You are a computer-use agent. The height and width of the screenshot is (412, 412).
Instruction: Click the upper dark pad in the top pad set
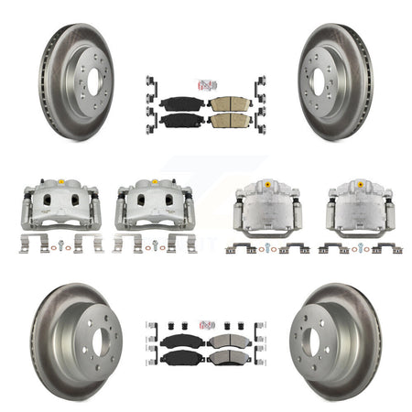(x=180, y=103)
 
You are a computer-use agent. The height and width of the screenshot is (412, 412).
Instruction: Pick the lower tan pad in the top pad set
(x=229, y=121)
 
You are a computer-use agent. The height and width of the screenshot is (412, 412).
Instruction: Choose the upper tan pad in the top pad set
(x=229, y=103)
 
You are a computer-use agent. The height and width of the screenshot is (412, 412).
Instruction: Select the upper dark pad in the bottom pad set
(x=180, y=341)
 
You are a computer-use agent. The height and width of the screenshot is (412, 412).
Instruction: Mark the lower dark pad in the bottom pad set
(x=180, y=358)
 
